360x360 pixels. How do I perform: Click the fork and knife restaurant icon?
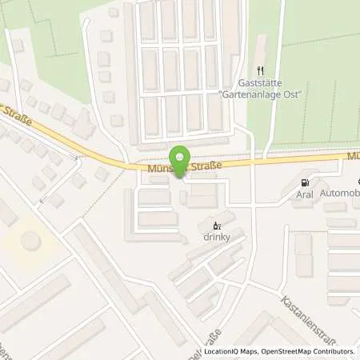pos(260,70)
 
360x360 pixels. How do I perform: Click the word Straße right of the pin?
pos(206,165)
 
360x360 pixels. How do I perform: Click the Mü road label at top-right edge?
pos(351,154)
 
